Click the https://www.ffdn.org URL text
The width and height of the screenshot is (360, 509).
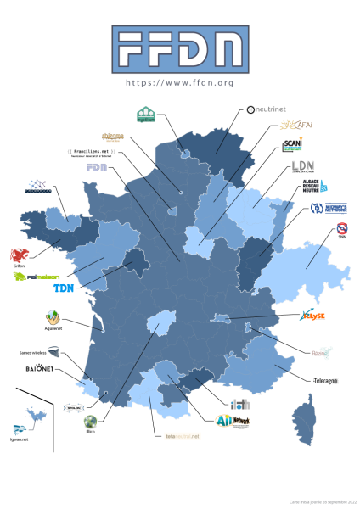(x=179, y=83)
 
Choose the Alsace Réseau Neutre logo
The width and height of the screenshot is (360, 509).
(x=314, y=187)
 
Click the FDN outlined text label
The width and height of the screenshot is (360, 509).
(x=98, y=168)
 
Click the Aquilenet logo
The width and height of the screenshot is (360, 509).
(x=53, y=320)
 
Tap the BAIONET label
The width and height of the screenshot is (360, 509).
(x=41, y=370)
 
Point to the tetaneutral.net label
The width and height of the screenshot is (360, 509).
(x=182, y=436)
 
